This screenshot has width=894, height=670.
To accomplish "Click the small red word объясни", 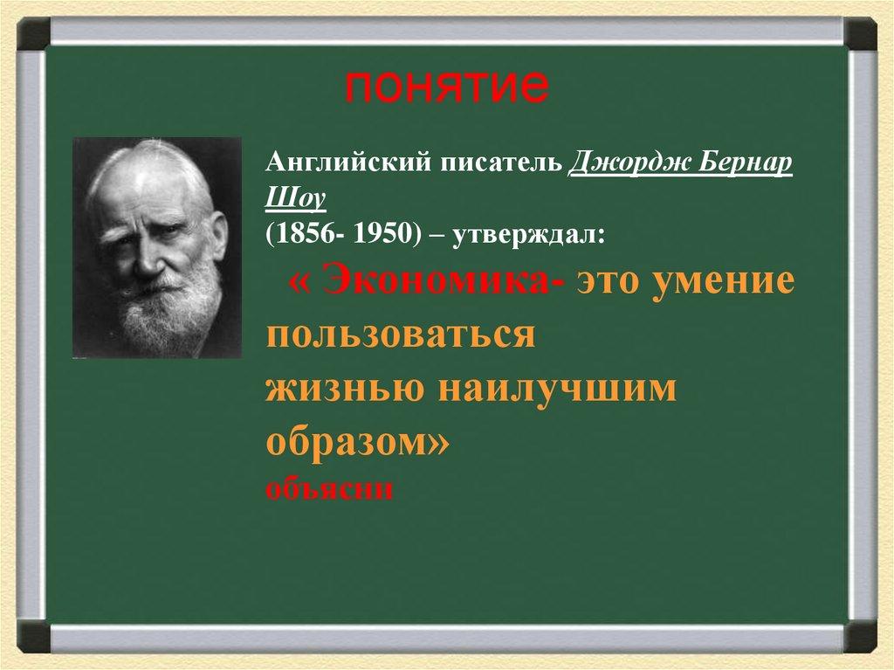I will (330, 488).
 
